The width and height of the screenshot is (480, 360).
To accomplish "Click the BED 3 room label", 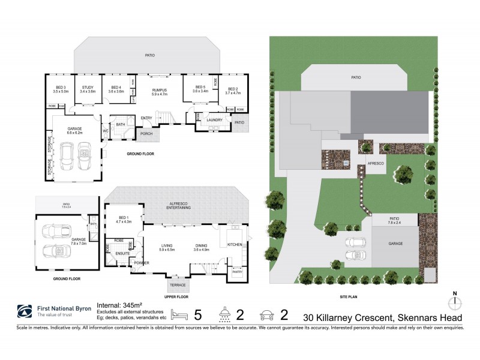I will pyautogui.click(x=61, y=88).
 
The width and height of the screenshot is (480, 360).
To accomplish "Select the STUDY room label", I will pyautogui.click(x=88, y=88).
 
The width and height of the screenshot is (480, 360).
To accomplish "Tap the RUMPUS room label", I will pyautogui.click(x=159, y=91).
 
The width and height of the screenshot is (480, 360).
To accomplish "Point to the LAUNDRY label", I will pyautogui.click(x=214, y=120).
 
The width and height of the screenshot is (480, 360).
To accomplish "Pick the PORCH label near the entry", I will pyautogui.click(x=146, y=133).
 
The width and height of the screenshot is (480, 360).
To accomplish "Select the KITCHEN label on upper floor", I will pyautogui.click(x=235, y=245).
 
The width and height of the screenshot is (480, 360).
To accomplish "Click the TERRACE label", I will pyautogui.click(x=178, y=284).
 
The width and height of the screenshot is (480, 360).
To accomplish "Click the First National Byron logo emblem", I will pyautogui.click(x=25, y=311).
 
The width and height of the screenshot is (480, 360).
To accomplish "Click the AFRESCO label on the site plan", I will pyautogui.click(x=376, y=162).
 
